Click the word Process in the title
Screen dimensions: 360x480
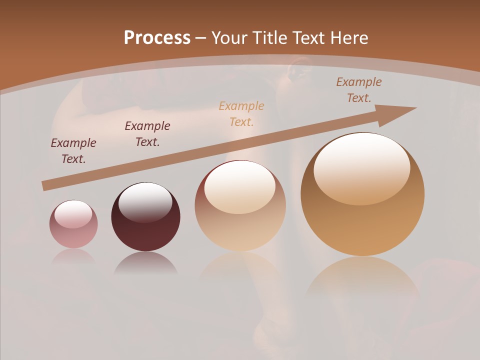157,37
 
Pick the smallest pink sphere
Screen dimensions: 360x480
73,224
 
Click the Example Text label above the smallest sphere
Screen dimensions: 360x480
73,151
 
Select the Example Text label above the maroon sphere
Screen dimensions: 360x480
147,133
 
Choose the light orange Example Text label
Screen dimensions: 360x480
241,113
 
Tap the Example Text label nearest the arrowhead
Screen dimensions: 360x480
358,90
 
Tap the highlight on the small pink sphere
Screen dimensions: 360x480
73,214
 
